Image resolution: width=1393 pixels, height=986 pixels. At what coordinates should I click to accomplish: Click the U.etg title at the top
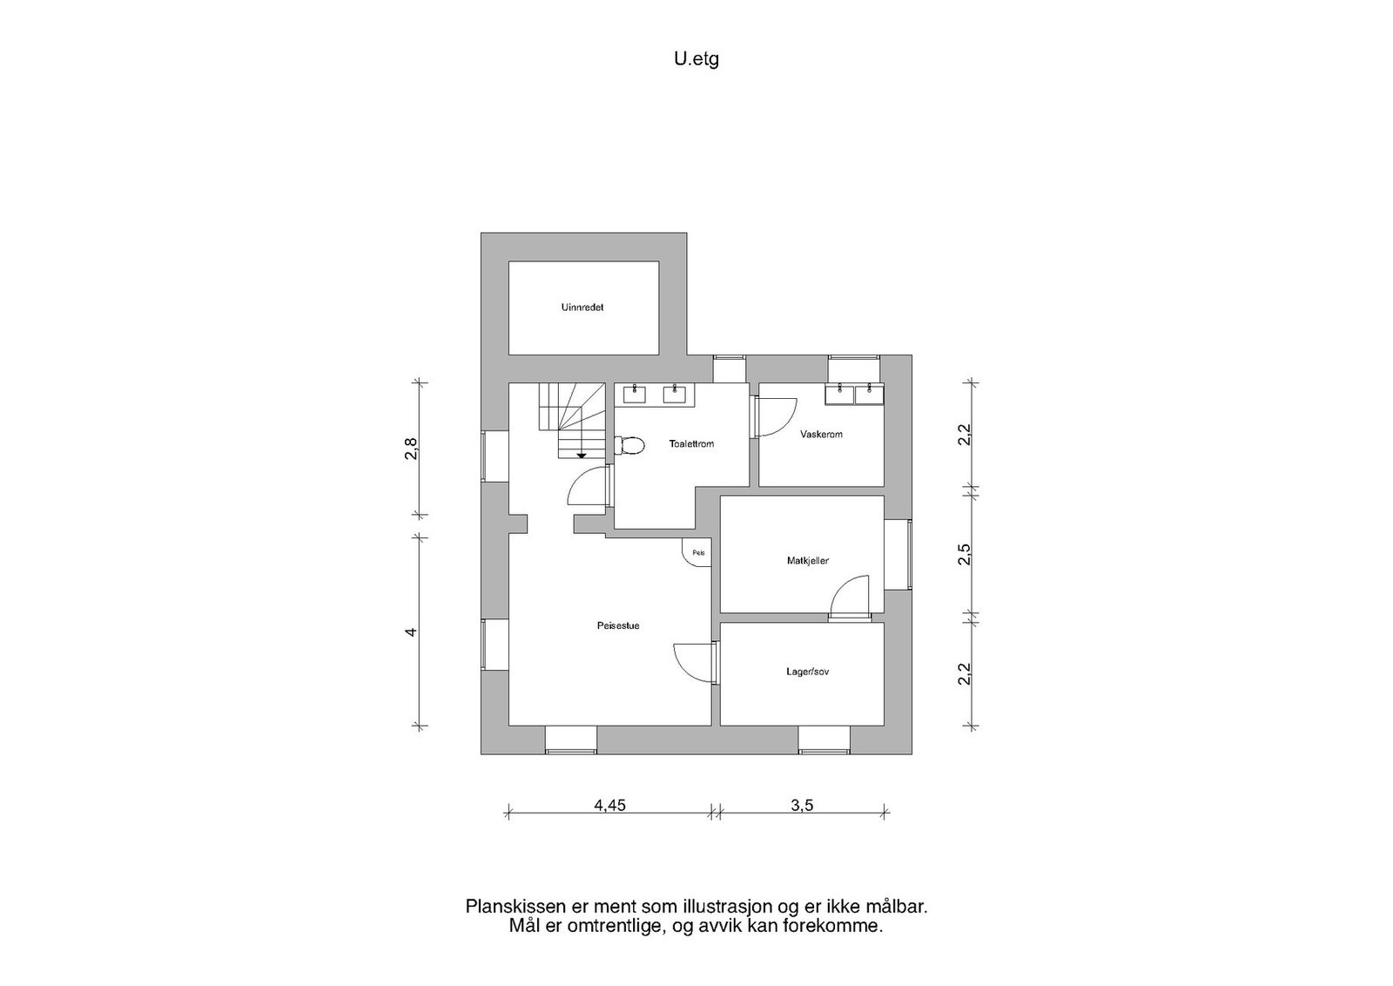[x=696, y=59]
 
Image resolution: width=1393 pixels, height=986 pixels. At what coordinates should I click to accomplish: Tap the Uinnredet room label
[x=582, y=307]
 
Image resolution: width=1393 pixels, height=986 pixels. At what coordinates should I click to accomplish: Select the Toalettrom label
[x=691, y=444]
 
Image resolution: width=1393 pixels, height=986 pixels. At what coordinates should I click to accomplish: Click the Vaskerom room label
[x=821, y=434]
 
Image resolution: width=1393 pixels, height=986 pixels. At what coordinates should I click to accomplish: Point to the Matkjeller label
[x=807, y=561]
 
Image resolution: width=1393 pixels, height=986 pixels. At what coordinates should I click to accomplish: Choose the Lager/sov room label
[x=807, y=672]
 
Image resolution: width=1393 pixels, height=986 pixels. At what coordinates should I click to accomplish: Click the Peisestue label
[x=618, y=625]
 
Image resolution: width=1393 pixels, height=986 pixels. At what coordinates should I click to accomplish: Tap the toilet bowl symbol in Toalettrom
[x=630, y=446]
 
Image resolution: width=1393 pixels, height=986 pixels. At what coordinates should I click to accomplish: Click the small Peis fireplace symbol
[x=697, y=553]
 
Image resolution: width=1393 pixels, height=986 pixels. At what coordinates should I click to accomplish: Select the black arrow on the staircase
[x=581, y=455]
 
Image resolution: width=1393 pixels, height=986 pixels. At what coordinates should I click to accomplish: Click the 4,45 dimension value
[x=609, y=806]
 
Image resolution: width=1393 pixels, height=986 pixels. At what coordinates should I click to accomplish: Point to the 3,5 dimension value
[x=801, y=806]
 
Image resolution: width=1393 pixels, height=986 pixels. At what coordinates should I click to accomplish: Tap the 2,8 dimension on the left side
[x=411, y=452]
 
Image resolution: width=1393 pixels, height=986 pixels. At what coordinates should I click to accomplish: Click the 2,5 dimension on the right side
[x=964, y=555]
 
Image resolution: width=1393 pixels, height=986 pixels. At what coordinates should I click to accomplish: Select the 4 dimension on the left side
[x=411, y=631]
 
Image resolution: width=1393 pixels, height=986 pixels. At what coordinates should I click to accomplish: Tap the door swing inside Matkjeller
[x=850, y=596]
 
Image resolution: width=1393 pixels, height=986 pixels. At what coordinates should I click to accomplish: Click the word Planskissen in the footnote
[x=509, y=907]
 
